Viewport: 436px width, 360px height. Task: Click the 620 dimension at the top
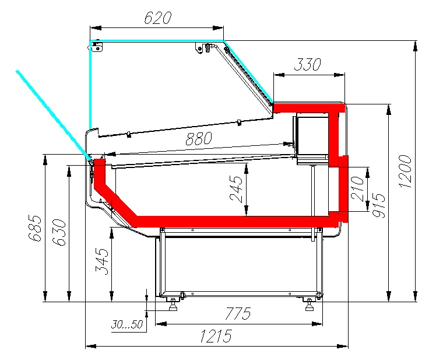tap(157, 18)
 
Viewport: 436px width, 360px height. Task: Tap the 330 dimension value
tap(307, 64)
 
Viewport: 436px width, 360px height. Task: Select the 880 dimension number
tap(199, 138)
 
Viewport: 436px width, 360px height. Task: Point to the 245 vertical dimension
tap(236, 188)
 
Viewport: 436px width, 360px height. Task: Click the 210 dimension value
tap(357, 188)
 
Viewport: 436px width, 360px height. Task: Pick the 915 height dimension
tap(379, 205)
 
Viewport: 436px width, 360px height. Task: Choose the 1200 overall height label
tap(405, 171)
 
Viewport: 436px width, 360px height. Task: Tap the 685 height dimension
tap(35, 228)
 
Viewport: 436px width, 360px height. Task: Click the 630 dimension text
tap(59, 232)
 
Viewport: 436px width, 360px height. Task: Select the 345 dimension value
tap(102, 261)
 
